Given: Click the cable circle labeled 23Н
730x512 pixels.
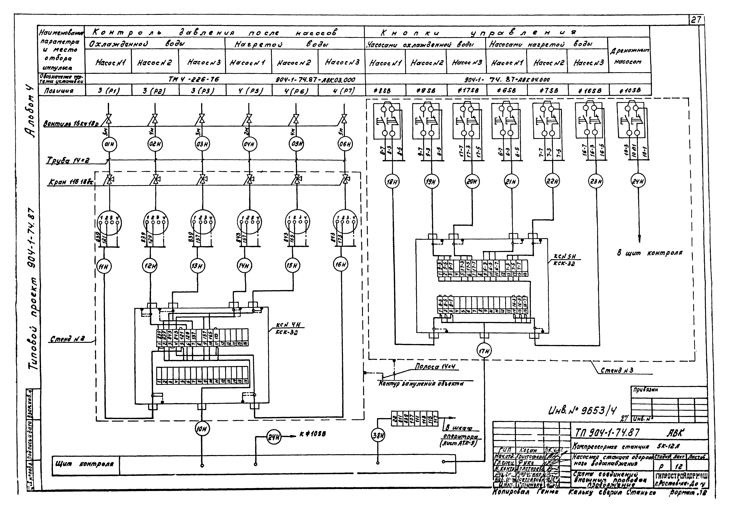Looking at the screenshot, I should (596, 182).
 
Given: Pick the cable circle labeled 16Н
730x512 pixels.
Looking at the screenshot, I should (341, 264).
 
